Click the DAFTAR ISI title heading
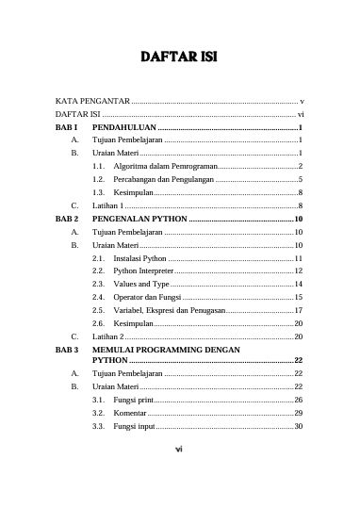[179, 58]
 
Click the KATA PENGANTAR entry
[91, 99]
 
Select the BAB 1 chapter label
[68, 125]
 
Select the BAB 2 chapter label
[68, 218]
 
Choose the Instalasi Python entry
[139, 257]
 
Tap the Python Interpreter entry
[144, 270]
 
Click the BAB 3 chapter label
[68, 350]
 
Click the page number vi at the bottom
[179, 449]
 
